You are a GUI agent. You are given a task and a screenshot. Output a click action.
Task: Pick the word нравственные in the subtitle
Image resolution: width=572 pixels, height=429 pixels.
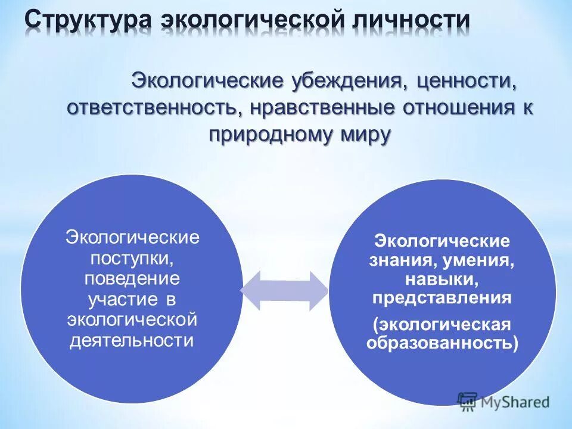pyautogui.click(x=327, y=108)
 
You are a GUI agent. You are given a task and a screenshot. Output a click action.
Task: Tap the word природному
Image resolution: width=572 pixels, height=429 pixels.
pyautogui.click(x=271, y=135)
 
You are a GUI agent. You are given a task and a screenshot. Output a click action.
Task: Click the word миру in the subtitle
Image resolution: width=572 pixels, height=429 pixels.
pyautogui.click(x=365, y=135)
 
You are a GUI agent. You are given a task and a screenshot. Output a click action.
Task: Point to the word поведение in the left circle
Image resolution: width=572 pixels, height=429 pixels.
pyautogui.click(x=132, y=279)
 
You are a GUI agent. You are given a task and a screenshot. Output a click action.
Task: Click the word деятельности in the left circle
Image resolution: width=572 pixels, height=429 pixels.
pyautogui.click(x=132, y=341)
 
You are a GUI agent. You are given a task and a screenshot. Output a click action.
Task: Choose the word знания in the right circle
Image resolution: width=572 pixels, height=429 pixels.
pyautogui.click(x=397, y=260)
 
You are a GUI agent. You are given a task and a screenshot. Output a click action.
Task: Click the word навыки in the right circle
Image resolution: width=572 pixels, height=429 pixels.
pyautogui.click(x=442, y=279)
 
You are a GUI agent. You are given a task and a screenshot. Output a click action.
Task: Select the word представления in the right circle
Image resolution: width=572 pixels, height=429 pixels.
pyautogui.click(x=442, y=298)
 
